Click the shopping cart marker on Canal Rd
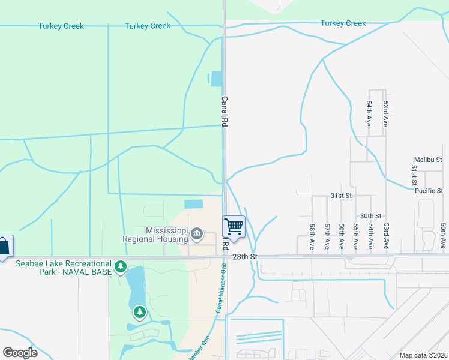click(x=234, y=227)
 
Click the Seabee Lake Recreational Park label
click(x=64, y=268)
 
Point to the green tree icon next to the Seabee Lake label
click(x=121, y=265)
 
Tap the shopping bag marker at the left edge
click(x=4, y=247)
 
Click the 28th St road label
click(x=245, y=256)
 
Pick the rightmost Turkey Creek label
click(x=343, y=23)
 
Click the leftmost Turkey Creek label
click(x=61, y=26)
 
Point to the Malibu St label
click(x=427, y=160)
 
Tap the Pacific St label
click(x=428, y=191)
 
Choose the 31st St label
click(x=340, y=196)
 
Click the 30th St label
click(x=370, y=215)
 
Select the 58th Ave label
click(x=312, y=237)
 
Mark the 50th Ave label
click(x=442, y=236)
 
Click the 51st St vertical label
click(x=414, y=175)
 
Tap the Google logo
click(x=20, y=352)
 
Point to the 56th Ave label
click(x=341, y=237)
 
